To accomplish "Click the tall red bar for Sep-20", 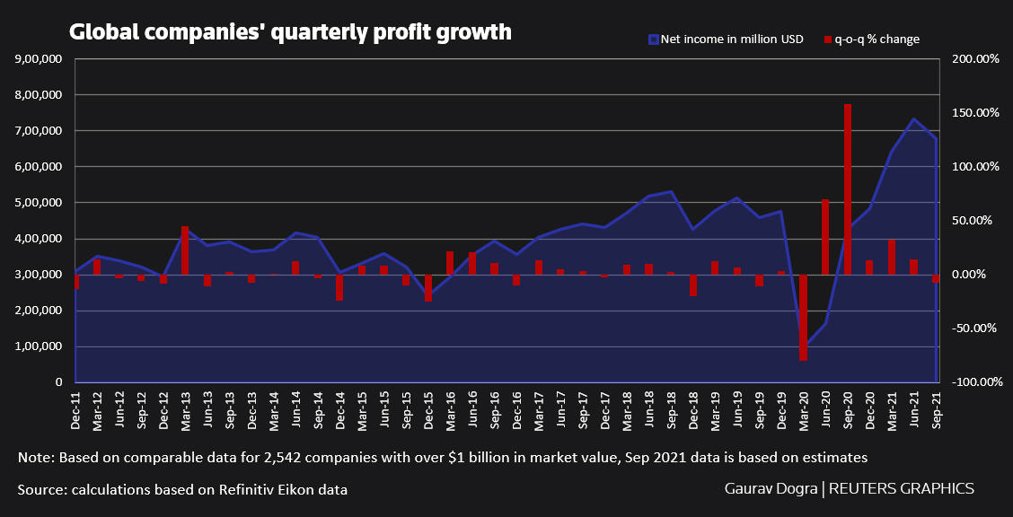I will (847, 188).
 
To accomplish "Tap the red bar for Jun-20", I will (825, 236).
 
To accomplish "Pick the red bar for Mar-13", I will (185, 250).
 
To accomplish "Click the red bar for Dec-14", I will (339, 287).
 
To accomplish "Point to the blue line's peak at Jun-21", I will (913, 118).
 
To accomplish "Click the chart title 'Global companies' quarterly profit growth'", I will (290, 32).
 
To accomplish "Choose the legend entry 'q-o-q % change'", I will (870, 39).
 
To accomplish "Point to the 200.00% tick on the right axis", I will (975, 59).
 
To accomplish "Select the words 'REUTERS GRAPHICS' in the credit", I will (901, 489).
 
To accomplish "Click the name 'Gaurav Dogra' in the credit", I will (771, 489).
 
